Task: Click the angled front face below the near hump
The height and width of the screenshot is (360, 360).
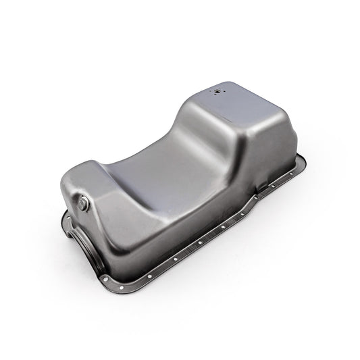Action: tap(115, 236)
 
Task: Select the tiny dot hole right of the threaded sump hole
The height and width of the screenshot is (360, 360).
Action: tap(228, 88)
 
